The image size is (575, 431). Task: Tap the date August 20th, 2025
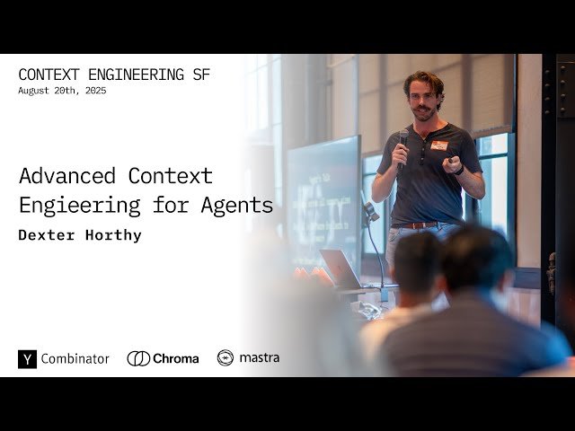[62, 91]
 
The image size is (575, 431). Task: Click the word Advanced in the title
[68, 175]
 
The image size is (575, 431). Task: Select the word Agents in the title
[238, 206]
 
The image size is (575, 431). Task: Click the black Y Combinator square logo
[27, 358]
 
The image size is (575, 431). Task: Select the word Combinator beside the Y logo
[75, 358]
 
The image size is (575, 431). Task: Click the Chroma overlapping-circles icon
[138, 358]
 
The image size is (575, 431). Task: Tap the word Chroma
[176, 358]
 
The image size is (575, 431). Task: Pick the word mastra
[259, 357]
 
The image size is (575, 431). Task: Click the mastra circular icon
[226, 357]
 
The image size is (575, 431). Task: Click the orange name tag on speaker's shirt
[439, 145]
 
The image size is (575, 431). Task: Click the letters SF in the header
[200, 75]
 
